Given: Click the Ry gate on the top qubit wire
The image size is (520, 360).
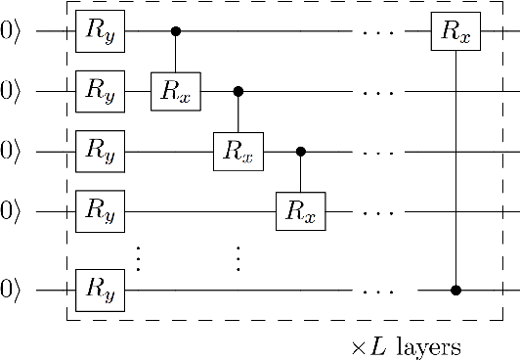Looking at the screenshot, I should pyautogui.click(x=101, y=32).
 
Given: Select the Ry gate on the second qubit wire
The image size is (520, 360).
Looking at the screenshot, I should pyautogui.click(x=101, y=92).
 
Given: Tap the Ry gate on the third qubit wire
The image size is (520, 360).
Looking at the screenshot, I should pyautogui.click(x=101, y=152).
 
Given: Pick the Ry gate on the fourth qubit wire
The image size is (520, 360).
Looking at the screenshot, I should pyautogui.click(x=101, y=211).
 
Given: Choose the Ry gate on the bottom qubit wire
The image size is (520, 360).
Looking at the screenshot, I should pyautogui.click(x=101, y=291).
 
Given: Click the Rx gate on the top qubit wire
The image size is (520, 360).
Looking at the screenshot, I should pyautogui.click(x=456, y=32).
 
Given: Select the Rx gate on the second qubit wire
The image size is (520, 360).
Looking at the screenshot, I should pyautogui.click(x=175, y=92).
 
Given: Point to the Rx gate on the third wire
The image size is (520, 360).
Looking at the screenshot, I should pyautogui.click(x=238, y=152).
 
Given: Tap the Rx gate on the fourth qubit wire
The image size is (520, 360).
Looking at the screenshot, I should pyautogui.click(x=300, y=211).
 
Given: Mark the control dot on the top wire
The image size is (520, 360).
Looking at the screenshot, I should pyautogui.click(x=176, y=32).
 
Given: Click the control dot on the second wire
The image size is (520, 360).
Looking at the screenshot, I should pyautogui.click(x=238, y=92).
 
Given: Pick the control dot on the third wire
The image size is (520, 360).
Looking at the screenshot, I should pyautogui.click(x=300, y=152).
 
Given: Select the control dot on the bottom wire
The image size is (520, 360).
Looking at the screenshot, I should pyautogui.click(x=456, y=291).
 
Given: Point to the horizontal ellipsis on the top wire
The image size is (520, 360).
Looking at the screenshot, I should pyautogui.click(x=377, y=32).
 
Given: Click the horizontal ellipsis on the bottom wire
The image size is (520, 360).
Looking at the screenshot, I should pyautogui.click(x=377, y=291).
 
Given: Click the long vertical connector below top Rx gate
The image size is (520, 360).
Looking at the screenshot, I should pyautogui.click(x=456, y=166).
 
